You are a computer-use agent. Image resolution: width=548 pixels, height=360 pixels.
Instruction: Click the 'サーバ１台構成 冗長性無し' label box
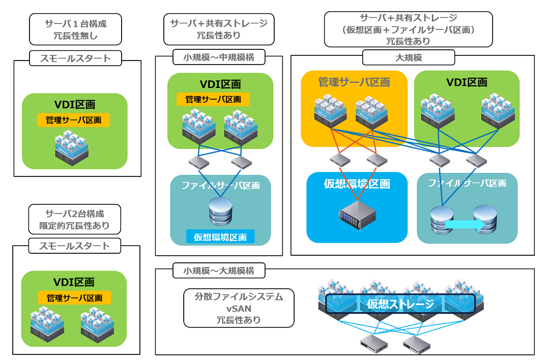pyautogui.click(x=75, y=29)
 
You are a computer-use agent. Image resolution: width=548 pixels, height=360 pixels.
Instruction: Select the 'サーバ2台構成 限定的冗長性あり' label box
pyautogui.click(x=74, y=219)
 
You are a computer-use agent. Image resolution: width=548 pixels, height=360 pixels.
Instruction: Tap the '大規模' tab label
pyautogui.click(x=409, y=57)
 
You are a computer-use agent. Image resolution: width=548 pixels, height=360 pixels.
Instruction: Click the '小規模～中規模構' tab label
pyautogui.click(x=219, y=57)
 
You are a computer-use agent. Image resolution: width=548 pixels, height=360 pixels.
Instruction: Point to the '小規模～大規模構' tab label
pyautogui.click(x=219, y=271)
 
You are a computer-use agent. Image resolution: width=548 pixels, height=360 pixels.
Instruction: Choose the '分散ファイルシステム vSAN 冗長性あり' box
pyautogui.click(x=239, y=308)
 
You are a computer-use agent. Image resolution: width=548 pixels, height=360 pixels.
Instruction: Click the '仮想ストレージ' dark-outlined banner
pyautogui.click(x=400, y=304)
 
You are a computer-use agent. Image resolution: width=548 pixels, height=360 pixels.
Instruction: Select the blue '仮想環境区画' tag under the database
pyautogui.click(x=220, y=237)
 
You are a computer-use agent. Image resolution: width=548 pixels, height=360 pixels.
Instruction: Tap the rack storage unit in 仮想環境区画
pyautogui.click(x=357, y=215)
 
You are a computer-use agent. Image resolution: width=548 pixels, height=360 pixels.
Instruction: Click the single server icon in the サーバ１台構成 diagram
pyautogui.click(x=72, y=148)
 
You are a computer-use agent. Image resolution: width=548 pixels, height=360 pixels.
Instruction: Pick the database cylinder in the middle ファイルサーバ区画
pyautogui.click(x=220, y=211)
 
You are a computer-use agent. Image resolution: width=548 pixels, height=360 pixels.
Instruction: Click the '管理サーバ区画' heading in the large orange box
pyautogui.click(x=354, y=82)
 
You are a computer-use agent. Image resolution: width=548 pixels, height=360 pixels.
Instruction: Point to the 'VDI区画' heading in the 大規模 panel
pyautogui.click(x=467, y=82)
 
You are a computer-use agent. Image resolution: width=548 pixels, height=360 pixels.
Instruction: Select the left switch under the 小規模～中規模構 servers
pyautogui.click(x=199, y=162)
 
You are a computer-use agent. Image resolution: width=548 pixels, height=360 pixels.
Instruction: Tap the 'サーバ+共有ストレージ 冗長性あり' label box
pyautogui.click(x=219, y=29)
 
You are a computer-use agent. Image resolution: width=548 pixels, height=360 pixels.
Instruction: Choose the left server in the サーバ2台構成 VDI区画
pyautogui.click(x=47, y=324)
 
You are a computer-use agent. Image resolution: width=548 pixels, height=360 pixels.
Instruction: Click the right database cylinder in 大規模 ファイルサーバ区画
pyautogui.click(x=485, y=219)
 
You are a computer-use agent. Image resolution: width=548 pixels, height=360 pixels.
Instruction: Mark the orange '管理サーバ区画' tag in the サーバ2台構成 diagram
pyautogui.click(x=74, y=298)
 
